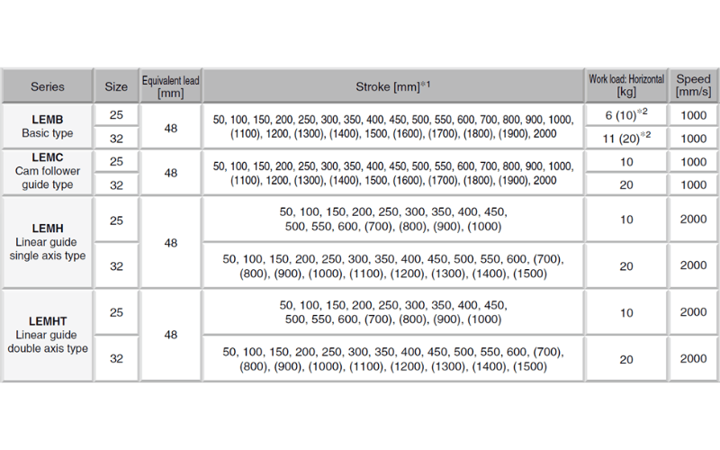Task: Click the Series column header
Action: pos(48,86)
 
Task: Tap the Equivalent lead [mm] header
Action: pos(171,86)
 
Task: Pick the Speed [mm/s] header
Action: pos(693,86)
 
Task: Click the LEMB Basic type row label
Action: pos(48,127)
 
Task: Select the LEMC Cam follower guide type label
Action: pos(48,172)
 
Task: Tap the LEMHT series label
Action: pos(48,334)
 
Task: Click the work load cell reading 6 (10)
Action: pos(626,116)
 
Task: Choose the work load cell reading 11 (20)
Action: pos(626,139)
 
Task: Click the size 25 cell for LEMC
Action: pos(117,162)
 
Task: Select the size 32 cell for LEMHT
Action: pos(117,358)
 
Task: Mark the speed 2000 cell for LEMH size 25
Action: pos(693,220)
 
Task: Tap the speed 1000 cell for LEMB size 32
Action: pos(693,139)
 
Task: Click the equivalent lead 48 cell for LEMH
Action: pos(171,243)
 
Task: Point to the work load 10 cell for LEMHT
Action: pos(626,312)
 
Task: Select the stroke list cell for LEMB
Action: pos(393,127)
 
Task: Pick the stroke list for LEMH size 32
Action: pos(393,266)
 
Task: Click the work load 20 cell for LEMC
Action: pos(626,184)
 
